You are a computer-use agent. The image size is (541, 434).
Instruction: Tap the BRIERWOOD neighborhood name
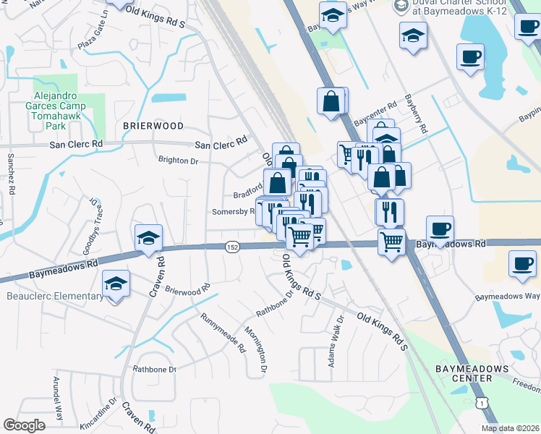(153, 126)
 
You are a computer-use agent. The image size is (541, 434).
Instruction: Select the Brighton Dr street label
(178, 161)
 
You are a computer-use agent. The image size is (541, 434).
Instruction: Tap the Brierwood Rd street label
(187, 290)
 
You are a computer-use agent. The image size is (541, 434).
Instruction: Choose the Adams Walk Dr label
(336, 343)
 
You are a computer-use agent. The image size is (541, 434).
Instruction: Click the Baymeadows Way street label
(506, 297)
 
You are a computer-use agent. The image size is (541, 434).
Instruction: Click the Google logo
(24, 425)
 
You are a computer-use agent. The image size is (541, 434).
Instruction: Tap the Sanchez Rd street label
(11, 174)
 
